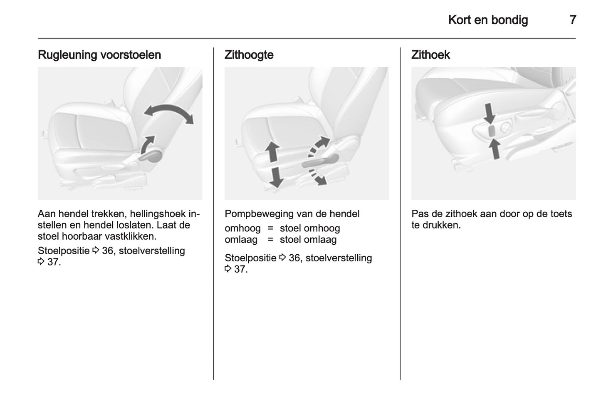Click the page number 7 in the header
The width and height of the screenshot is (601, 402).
coord(573,20)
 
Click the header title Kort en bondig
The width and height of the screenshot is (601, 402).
coord(488,20)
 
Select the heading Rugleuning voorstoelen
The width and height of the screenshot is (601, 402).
coord(99,55)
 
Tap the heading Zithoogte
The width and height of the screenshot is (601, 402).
coord(249,55)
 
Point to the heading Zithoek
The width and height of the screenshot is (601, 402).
coord(430,55)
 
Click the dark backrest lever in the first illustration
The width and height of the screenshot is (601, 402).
coord(151,156)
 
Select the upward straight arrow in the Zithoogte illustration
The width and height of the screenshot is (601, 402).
coord(272,152)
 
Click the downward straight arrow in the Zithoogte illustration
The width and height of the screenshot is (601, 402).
coord(276,177)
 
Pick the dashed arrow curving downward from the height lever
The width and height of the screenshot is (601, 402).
coord(317,177)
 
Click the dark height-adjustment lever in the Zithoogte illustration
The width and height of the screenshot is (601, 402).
coord(320,161)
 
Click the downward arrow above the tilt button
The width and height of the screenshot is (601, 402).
coord(490,114)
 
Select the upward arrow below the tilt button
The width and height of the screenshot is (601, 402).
coord(495,149)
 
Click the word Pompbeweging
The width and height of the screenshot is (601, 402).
coord(257,214)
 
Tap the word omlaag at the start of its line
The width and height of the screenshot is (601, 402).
coord(241,240)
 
